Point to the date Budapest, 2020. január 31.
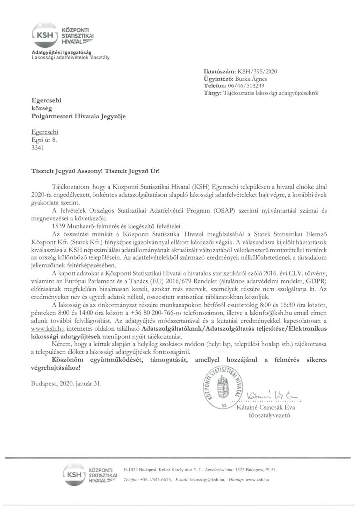click(62, 383)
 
